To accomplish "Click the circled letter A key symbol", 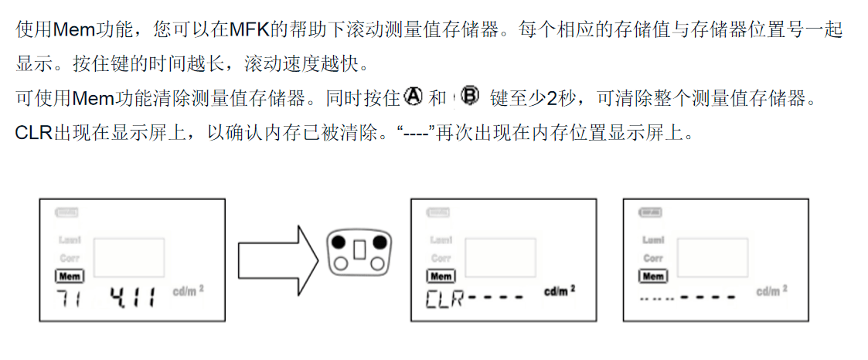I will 414,97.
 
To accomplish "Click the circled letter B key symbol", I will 469,97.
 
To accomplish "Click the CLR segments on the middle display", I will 444,298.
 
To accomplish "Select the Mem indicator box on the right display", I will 653,276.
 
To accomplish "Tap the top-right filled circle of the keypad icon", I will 380,242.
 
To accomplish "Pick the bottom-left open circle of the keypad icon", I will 339,264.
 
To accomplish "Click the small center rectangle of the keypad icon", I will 359,250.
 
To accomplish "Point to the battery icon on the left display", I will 66,212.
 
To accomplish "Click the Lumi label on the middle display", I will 441,240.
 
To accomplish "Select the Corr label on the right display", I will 653,258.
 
